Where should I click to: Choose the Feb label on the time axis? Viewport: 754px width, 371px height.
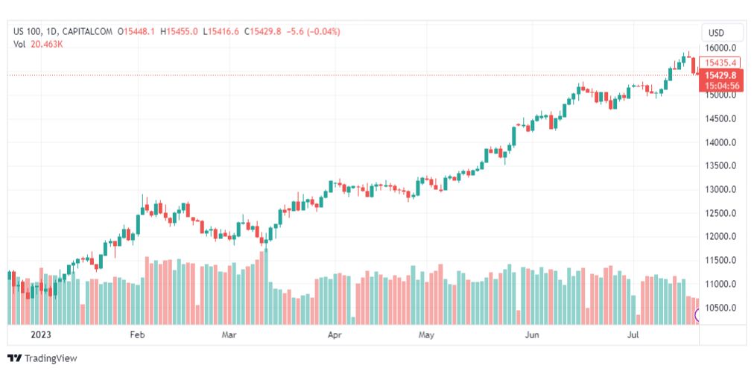tap(136, 335)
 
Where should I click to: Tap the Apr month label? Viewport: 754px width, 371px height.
tap(334, 335)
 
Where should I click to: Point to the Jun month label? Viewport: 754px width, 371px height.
tap(533, 335)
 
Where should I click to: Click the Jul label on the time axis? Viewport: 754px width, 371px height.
tap(634, 335)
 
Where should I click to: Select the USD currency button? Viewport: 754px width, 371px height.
tap(716, 33)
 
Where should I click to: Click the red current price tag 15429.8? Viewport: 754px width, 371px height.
tap(720, 75)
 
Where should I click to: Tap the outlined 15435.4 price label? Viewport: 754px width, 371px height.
tap(720, 63)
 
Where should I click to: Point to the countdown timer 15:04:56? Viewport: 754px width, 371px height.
tap(720, 86)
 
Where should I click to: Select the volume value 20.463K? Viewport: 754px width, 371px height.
tap(47, 44)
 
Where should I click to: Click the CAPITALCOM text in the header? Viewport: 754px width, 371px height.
tap(89, 31)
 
